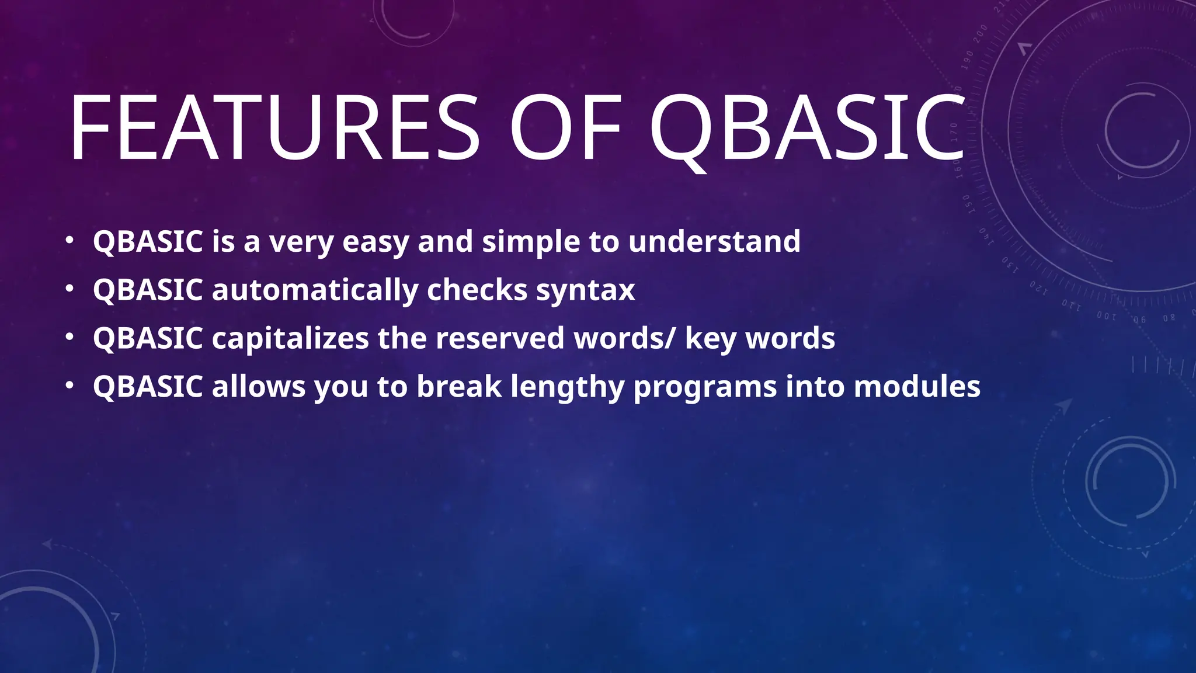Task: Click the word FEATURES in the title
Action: pos(274,129)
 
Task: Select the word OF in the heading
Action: pos(565,129)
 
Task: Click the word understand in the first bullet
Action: pos(714,241)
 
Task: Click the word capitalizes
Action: pos(290,338)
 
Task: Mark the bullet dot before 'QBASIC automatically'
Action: pos(69,289)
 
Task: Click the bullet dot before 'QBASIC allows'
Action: pos(69,386)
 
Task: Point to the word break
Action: pos(459,387)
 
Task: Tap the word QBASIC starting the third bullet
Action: pos(148,338)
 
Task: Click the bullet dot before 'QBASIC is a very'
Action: pos(69,240)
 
